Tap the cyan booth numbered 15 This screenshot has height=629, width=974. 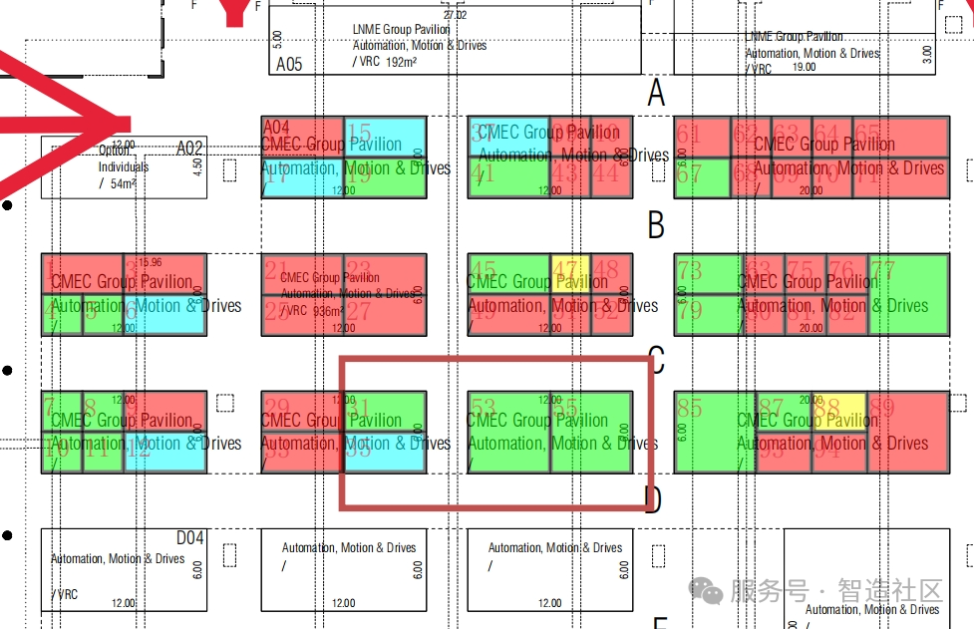point(386,138)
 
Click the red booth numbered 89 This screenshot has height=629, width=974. point(908,432)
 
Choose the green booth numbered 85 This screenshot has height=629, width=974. point(715,432)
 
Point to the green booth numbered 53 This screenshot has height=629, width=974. point(508,432)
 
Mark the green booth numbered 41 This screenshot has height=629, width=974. point(508,177)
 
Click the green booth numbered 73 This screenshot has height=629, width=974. point(709,273)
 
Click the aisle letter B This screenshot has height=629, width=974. point(656,226)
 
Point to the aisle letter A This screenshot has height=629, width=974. point(656,94)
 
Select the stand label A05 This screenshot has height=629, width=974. point(289,65)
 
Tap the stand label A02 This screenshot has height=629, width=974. point(189,149)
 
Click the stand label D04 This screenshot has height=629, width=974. point(190,538)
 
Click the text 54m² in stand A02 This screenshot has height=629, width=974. point(124,183)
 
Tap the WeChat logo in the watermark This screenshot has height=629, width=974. point(709,591)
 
